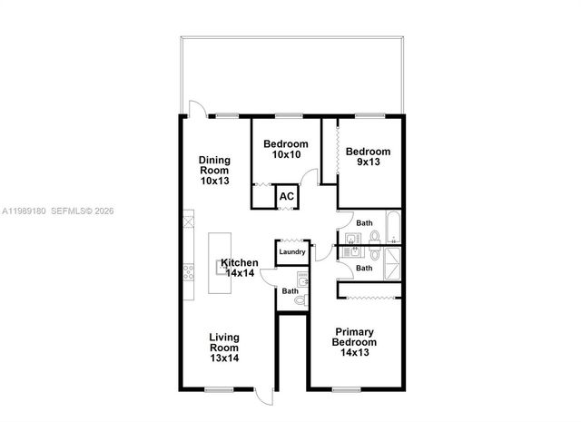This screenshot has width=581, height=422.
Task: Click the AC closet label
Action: [x=286, y=196]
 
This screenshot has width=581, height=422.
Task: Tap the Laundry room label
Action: [x=292, y=251]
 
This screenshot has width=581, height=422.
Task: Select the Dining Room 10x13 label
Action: [x=215, y=170]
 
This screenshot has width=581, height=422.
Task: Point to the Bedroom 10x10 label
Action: [x=286, y=149]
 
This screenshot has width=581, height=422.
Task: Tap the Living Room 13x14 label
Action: [x=224, y=348]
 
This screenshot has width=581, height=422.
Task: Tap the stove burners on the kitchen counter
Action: [x=189, y=271]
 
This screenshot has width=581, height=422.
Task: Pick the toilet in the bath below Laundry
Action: [x=301, y=299]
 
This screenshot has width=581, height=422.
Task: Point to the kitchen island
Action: [x=219, y=263]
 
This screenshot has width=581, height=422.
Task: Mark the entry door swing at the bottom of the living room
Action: [x=263, y=397]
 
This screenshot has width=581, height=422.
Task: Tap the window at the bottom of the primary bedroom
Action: [x=346, y=389]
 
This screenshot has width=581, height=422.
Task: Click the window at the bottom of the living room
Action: [x=218, y=389]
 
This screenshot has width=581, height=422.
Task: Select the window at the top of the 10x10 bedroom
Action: [x=289, y=115]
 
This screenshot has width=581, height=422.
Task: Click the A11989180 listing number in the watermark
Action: [x=23, y=211]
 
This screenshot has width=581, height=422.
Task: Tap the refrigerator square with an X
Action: [x=189, y=219]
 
